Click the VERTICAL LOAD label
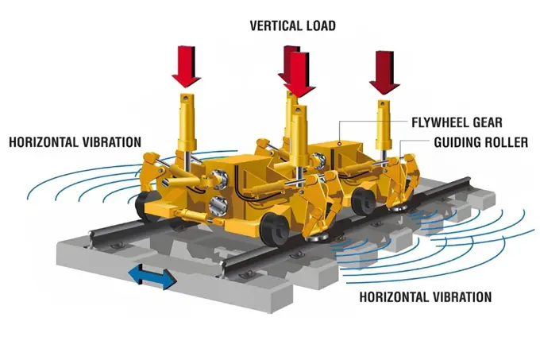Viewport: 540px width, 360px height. [x=293, y=26]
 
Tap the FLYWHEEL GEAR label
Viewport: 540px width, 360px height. [x=457, y=122]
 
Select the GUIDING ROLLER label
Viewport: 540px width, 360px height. [x=480, y=142]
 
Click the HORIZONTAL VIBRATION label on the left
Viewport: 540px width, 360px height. [x=75, y=142]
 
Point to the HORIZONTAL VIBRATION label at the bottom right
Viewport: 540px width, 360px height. [x=426, y=297]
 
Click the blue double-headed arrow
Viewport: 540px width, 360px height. [x=152, y=277]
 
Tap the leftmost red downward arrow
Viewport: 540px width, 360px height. [x=187, y=67]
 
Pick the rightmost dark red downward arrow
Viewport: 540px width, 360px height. [x=384, y=72]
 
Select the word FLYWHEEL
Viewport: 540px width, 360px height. [x=441, y=122]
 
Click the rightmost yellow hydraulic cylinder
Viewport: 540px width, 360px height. [x=384, y=125]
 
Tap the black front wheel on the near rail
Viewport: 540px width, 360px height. [x=275, y=230]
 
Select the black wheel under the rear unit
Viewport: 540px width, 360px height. [x=364, y=202]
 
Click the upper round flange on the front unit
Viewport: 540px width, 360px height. [x=218, y=179]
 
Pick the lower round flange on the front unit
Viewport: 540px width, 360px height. [x=218, y=207]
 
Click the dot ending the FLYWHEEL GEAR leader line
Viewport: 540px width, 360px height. [x=340, y=143]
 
